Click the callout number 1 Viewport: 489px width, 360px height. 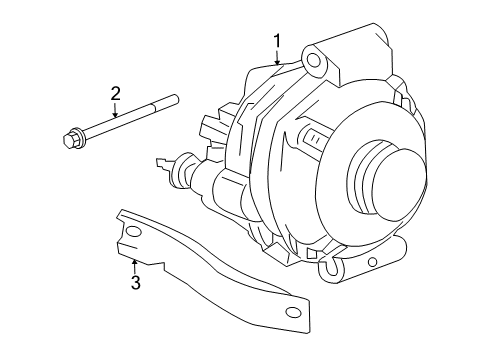[278, 41]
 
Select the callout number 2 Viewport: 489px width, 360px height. [115, 94]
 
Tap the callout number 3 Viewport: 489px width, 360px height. [135, 283]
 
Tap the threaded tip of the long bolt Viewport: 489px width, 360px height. [176, 97]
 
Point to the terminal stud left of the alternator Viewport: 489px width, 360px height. [163, 159]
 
